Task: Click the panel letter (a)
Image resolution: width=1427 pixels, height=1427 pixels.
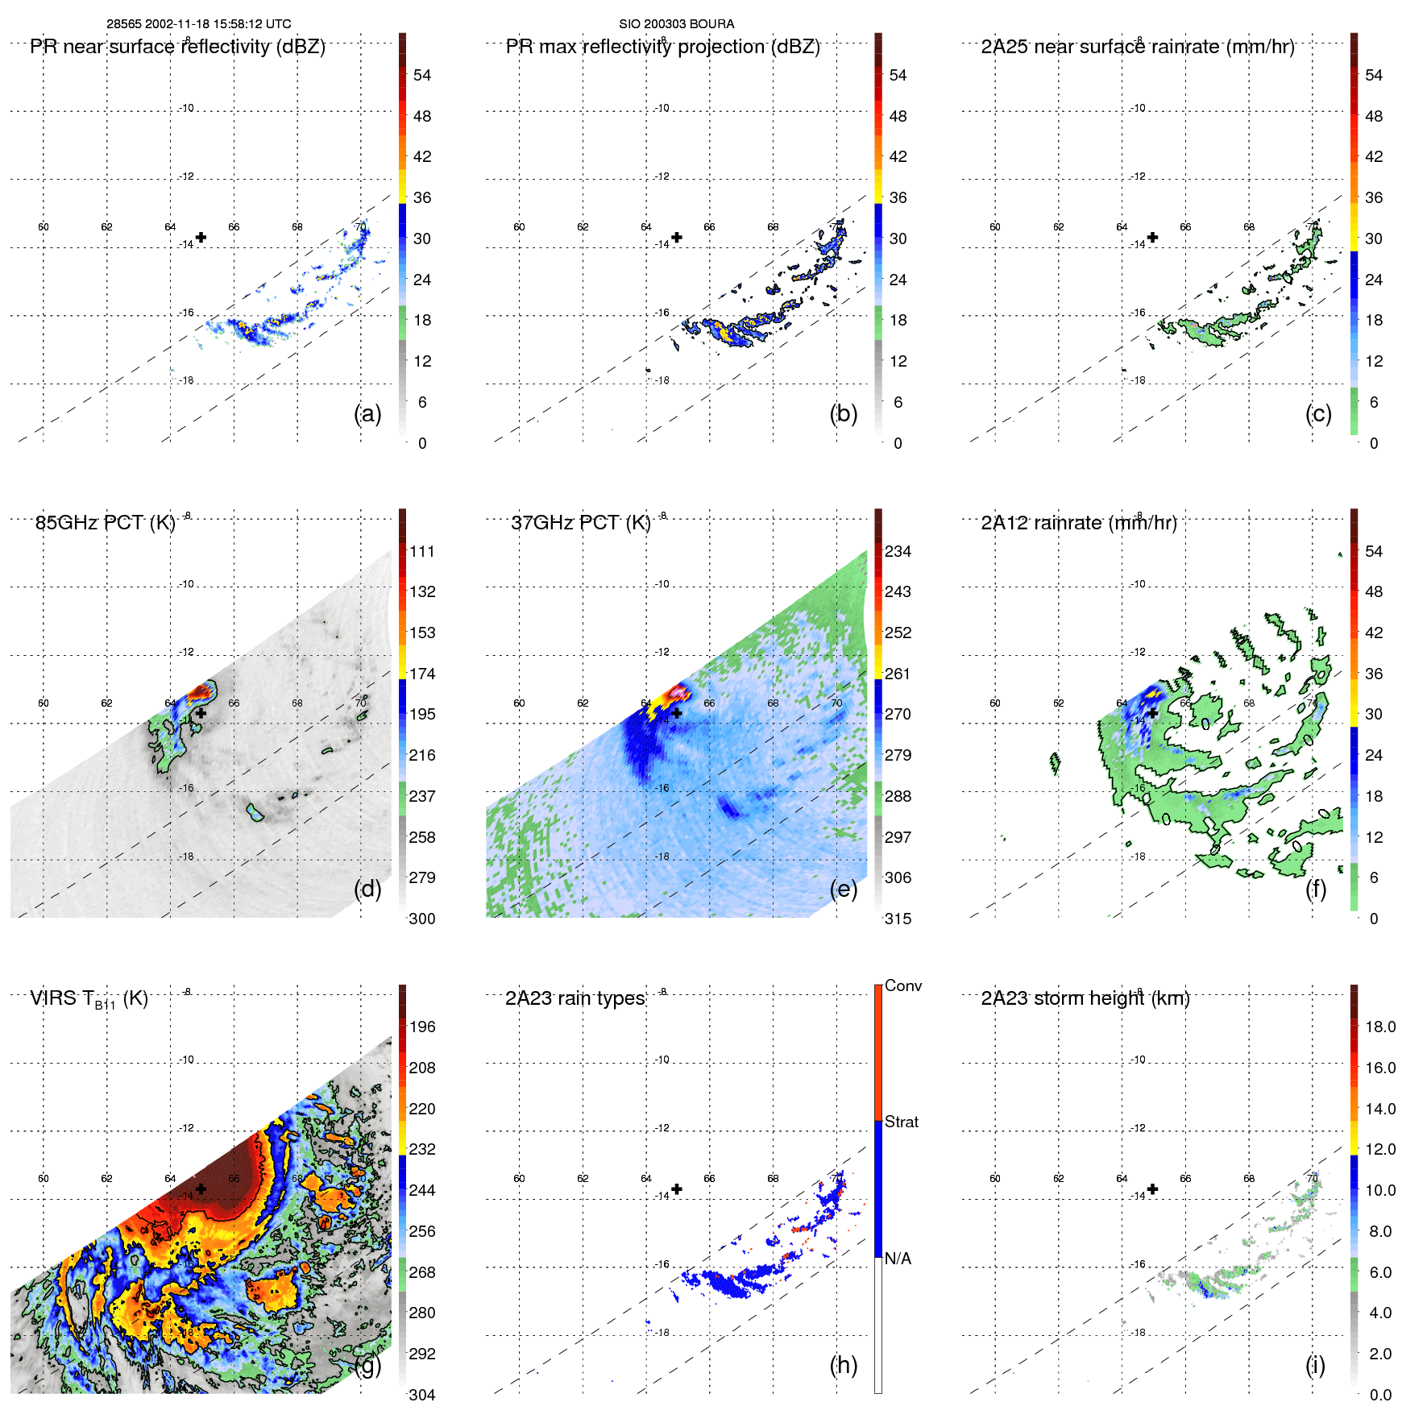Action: click(367, 414)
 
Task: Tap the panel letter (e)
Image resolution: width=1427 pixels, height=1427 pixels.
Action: click(844, 890)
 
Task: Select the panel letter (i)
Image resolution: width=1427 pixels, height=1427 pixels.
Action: click(1315, 1365)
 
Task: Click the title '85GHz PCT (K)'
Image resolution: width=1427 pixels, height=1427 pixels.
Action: click(105, 522)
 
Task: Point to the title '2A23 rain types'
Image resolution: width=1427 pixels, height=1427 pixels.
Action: click(575, 998)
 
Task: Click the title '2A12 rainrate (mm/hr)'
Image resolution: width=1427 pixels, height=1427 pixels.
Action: click(1078, 522)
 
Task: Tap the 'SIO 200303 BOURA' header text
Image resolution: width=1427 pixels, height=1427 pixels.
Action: click(676, 23)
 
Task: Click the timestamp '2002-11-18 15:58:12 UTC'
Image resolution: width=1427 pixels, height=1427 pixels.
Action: click(218, 23)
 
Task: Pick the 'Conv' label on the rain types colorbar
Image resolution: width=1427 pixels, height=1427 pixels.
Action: click(902, 985)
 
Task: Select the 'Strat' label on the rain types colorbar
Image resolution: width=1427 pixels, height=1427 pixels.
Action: click(901, 1122)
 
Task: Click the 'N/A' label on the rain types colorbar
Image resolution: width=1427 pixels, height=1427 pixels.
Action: click(898, 1259)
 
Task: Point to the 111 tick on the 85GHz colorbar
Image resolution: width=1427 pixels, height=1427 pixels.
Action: click(422, 551)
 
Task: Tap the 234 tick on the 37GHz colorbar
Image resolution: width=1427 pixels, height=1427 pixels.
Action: click(898, 551)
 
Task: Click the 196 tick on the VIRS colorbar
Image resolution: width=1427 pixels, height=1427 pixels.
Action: click(422, 1027)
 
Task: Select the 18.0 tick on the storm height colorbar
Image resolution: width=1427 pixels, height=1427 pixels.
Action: click(1379, 1027)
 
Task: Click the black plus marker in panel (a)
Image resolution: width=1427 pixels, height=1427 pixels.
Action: click(201, 237)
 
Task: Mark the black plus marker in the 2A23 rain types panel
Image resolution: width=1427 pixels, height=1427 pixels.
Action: click(677, 1188)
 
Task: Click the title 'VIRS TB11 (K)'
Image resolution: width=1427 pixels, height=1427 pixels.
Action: click(89, 999)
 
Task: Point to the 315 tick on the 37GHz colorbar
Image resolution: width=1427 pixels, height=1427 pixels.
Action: click(898, 919)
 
